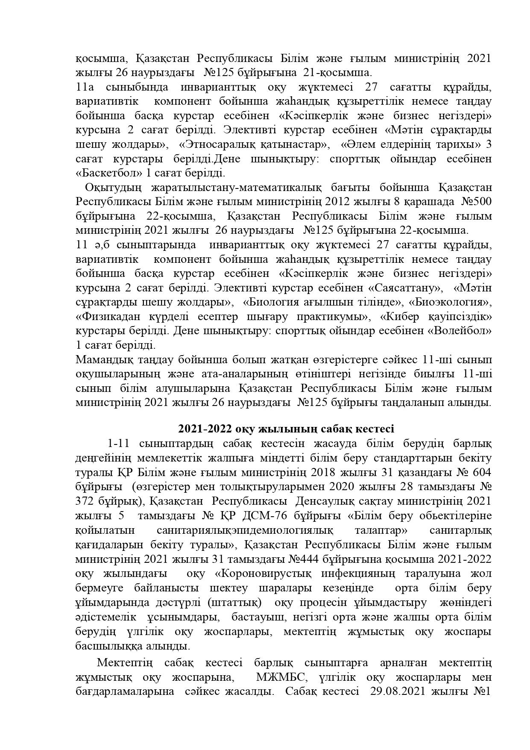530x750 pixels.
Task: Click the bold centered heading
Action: click(285, 429)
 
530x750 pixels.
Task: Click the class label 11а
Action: click(85, 87)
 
